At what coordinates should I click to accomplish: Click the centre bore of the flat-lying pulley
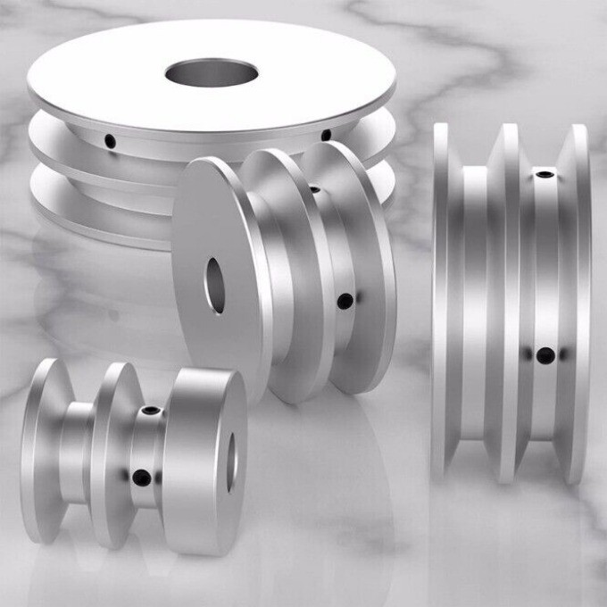[212, 73]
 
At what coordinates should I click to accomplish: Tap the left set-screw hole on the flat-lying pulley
[110, 140]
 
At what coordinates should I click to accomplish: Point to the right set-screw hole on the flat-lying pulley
[326, 136]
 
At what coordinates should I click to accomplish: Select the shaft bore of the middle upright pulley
[216, 284]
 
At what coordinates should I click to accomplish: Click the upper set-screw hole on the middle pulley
[315, 189]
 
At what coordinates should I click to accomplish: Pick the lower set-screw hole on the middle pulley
[345, 302]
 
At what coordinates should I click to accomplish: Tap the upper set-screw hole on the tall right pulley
[541, 172]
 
